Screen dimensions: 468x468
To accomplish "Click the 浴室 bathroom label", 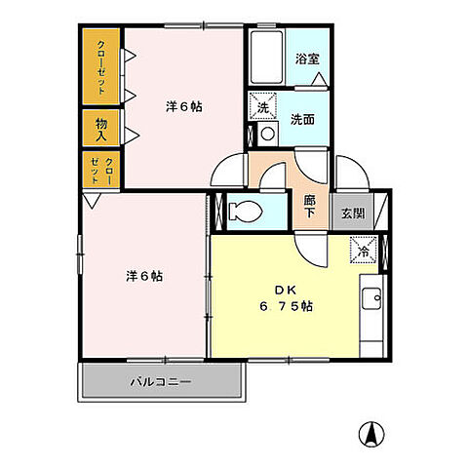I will point(307,58).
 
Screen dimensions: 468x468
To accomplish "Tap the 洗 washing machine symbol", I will point(264,105).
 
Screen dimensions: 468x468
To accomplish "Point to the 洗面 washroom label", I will point(301,119).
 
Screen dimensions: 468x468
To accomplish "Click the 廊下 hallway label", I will point(310,206).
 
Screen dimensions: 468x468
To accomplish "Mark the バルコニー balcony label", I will point(161,380).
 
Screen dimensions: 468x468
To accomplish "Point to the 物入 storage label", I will point(102,126).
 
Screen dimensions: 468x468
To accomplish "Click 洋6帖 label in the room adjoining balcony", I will point(142,276).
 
